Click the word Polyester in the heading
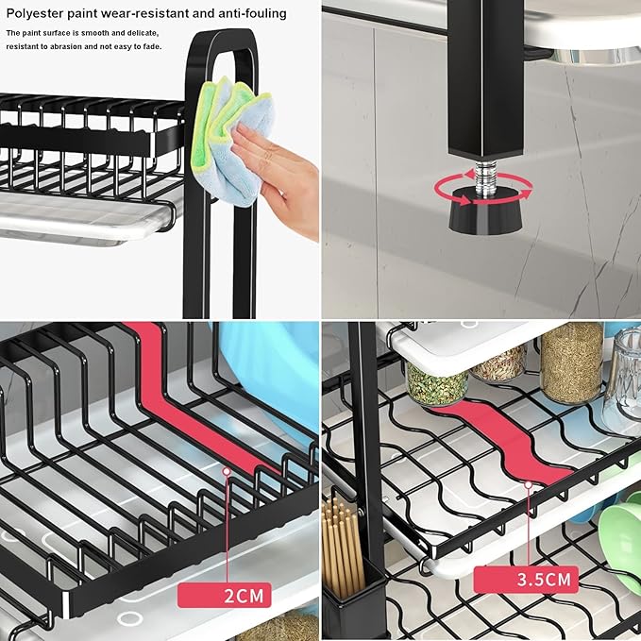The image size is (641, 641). pos(34,13)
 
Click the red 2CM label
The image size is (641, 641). pos(225,595)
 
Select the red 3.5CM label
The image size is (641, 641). pos(527,580)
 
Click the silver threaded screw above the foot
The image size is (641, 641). pos(485,176)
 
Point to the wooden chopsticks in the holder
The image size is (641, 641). pos(342,544)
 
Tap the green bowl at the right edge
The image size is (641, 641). pos(621,540)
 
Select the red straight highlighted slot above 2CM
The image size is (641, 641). pos(193,400)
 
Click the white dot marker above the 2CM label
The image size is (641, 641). pos(227,471)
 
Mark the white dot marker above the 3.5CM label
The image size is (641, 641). pos(528,485)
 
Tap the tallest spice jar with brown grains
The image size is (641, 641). pos(572,362)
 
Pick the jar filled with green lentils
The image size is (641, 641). pos(436,384)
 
